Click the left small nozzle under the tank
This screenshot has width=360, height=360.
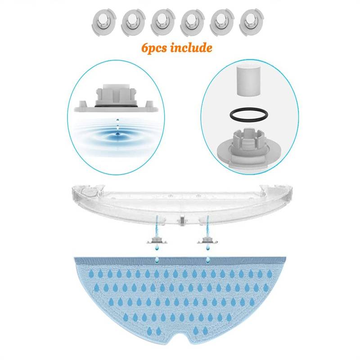(x=157, y=241)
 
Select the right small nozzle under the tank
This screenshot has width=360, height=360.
(x=207, y=241)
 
